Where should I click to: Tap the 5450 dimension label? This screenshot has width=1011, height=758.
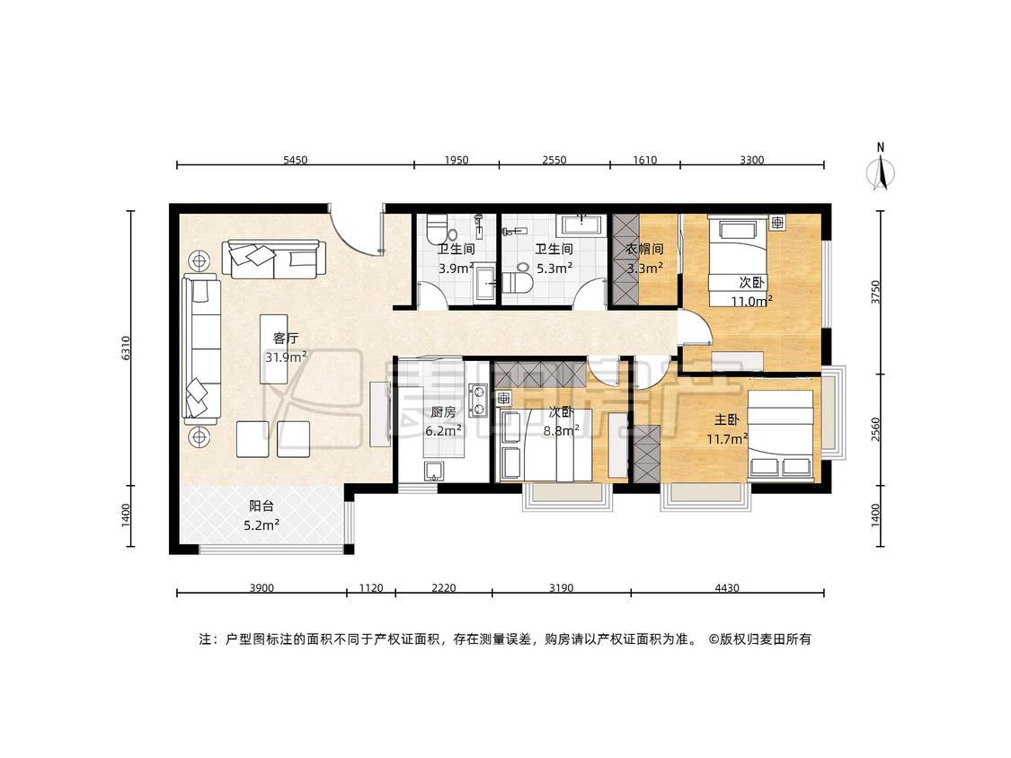296,160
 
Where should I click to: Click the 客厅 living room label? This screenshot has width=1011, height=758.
286,338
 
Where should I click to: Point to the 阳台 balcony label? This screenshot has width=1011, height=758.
261,507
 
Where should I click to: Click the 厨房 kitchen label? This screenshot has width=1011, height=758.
443,412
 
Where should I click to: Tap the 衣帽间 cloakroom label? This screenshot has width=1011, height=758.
644,249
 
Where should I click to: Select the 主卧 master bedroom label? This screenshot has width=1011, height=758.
726,420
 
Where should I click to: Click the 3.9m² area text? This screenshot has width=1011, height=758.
457,269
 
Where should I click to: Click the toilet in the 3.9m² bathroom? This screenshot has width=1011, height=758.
441,230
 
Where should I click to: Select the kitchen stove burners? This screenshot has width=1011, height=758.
479,399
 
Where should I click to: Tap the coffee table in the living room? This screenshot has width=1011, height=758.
274,348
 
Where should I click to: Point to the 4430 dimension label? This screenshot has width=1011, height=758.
727,588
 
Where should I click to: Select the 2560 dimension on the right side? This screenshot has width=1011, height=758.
875,429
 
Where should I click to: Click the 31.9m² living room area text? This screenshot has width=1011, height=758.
286,357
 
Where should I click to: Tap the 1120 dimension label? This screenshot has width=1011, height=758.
371,588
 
